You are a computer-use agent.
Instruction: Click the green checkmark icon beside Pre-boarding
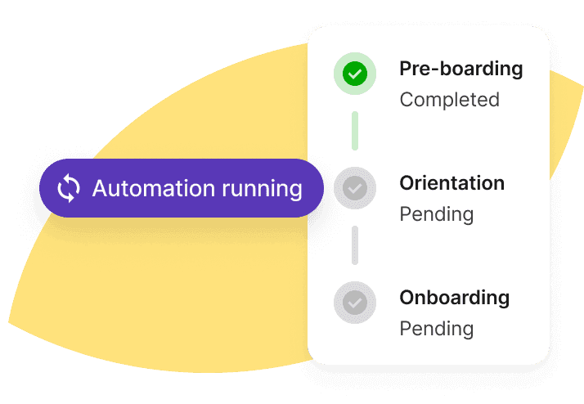(355, 74)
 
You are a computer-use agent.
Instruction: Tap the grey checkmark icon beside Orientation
(355, 188)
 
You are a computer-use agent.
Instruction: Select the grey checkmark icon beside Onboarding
(355, 303)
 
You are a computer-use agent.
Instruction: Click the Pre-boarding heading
(461, 70)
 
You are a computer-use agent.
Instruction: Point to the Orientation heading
(451, 183)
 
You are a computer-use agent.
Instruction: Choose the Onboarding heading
(455, 299)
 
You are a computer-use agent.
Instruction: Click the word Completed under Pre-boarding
(450, 100)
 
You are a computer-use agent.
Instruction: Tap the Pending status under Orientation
(437, 215)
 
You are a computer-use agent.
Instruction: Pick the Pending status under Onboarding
(437, 329)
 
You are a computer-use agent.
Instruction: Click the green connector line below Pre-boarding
(355, 131)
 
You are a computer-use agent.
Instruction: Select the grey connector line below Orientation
(355, 245)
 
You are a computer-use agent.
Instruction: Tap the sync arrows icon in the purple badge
(69, 188)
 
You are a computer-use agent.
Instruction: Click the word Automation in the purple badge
(154, 188)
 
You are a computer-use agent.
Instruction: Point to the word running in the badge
(262, 190)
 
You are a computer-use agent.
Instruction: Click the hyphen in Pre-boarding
(433, 70)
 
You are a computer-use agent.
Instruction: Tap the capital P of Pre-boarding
(405, 69)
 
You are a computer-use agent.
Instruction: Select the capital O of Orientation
(407, 183)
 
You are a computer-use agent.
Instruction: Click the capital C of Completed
(407, 100)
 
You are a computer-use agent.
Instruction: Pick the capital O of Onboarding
(407, 298)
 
